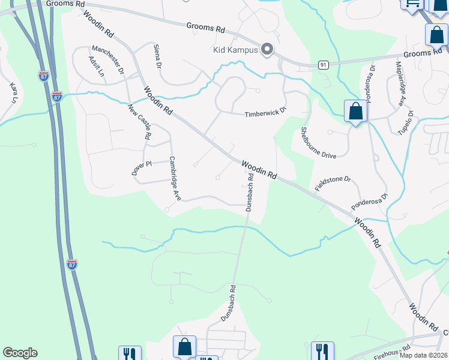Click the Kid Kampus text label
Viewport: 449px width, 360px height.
tap(235, 50)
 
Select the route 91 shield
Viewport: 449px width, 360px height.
tap(324, 64)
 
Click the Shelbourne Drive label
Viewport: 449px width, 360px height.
tap(318, 144)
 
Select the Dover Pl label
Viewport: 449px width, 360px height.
tap(142, 167)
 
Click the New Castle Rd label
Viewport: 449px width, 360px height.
tap(139, 122)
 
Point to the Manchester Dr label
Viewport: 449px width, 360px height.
tap(107, 60)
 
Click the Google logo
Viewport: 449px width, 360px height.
tap(20, 353)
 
